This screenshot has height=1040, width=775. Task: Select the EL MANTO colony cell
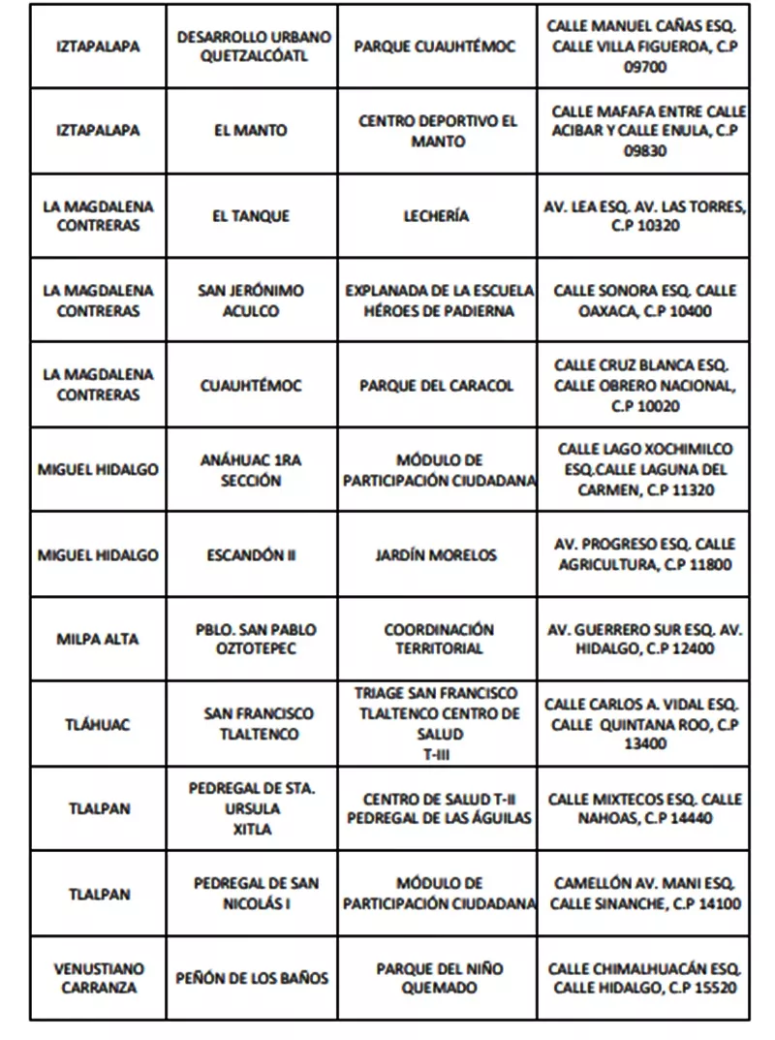(251, 131)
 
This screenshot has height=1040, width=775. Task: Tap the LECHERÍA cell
(436, 216)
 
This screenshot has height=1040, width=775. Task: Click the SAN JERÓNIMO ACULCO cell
(251, 301)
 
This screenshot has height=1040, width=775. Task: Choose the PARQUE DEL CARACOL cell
(436, 386)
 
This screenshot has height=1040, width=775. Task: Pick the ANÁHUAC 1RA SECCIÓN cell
(251, 470)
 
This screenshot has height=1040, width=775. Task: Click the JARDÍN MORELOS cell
(436, 555)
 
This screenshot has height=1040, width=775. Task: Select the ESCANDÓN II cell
(251, 555)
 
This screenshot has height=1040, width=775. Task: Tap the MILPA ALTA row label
(97, 639)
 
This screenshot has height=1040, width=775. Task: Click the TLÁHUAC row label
(98, 724)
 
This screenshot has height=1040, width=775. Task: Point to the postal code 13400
(645, 744)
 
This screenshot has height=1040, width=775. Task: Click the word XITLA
(251, 830)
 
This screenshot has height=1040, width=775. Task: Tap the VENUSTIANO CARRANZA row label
(98, 978)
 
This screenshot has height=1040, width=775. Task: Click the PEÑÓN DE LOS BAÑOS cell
(251, 978)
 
